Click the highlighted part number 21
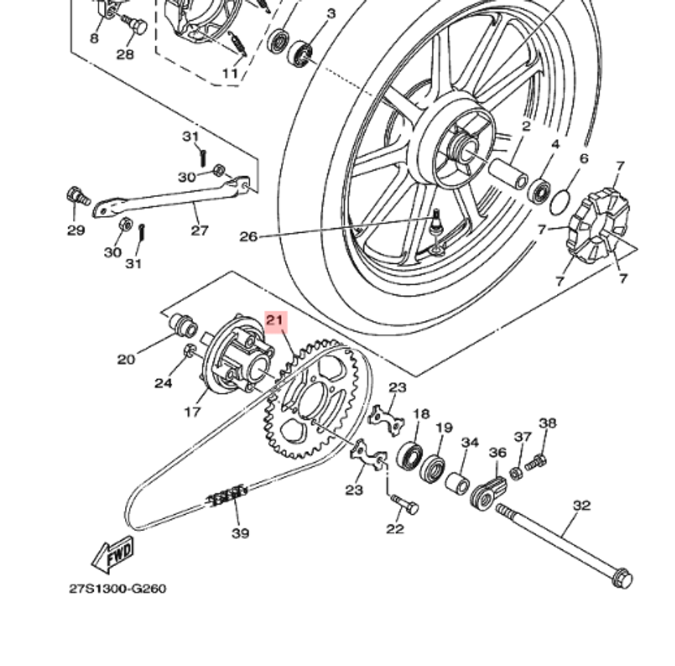pos(276,321)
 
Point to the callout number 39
pos(240,533)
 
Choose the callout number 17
pos(193,410)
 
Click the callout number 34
pos(470,443)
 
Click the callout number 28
pos(126,54)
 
